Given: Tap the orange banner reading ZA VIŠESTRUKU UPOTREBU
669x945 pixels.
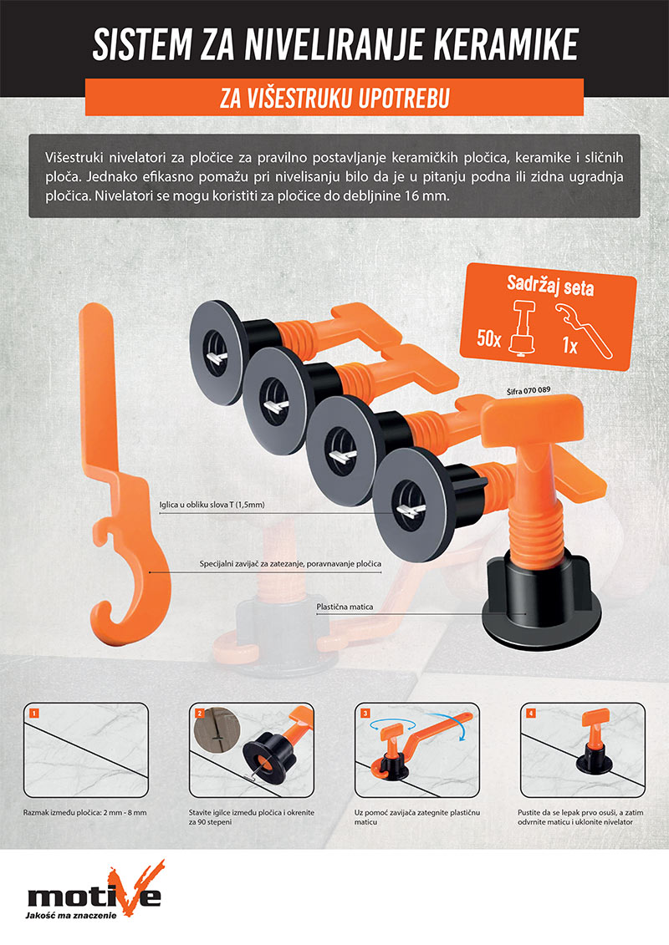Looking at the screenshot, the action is tap(334, 97).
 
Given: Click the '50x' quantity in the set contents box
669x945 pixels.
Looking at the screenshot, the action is tap(488, 338).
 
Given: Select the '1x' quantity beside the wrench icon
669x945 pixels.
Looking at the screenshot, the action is tap(569, 345).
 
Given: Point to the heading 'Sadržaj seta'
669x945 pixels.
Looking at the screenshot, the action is tap(550, 286).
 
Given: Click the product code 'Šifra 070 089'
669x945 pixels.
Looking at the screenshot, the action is tap(529, 390).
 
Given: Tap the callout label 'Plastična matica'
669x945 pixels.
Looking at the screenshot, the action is tap(345, 607).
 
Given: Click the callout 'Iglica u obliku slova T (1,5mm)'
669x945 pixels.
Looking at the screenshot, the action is tap(212, 505).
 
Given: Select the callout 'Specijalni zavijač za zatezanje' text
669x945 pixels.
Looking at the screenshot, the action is tap(290, 564).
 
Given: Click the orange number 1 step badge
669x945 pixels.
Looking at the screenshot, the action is tap(33, 713).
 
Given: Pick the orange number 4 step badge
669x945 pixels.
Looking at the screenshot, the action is tap(531, 713).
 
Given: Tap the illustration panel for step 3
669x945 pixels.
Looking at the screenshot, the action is tap(416, 749).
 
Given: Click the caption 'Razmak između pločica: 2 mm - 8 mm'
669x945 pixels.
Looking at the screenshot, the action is tap(85, 812).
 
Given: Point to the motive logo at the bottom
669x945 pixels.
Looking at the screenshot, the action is tap(94, 890).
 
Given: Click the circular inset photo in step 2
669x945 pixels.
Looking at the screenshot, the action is tap(217, 729).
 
